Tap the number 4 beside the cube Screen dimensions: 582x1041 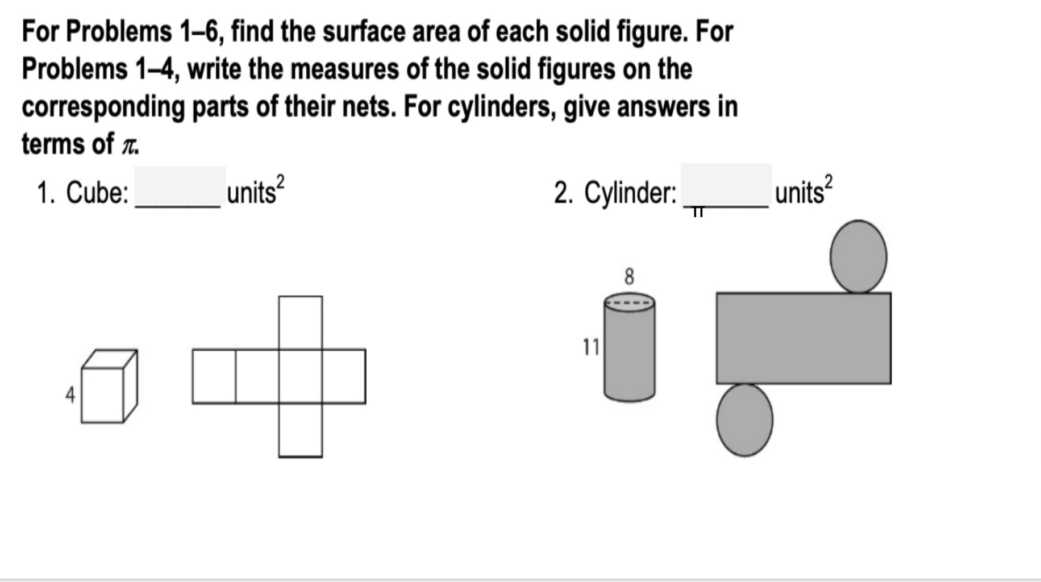coord(70,394)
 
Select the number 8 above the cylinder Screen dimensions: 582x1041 coord(629,277)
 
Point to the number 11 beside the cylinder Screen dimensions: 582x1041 coord(591,347)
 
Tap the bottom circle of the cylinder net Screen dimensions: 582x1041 coord(744,420)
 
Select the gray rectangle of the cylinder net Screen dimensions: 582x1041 coord(803,338)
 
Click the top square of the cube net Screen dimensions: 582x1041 coord(301,322)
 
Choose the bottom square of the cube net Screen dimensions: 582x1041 coord(301,430)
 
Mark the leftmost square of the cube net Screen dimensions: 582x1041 coord(214,376)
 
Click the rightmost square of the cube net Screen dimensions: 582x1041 coord(344,376)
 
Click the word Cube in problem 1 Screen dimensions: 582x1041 coord(97,193)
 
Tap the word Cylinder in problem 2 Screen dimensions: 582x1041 coord(630,193)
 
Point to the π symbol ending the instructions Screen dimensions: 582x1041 coord(129,145)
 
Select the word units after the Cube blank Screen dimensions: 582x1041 coord(251,193)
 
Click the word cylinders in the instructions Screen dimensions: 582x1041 coord(500,107)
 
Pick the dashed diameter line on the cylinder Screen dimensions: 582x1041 coord(629,302)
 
